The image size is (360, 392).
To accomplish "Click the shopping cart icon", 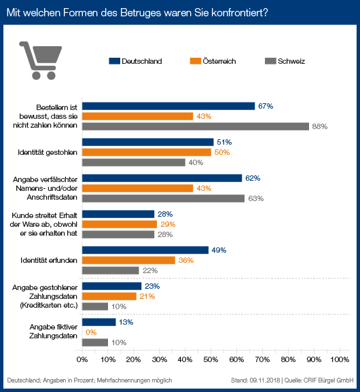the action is click(x=40, y=60).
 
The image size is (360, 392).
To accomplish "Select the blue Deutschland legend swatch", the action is click(x=115, y=61).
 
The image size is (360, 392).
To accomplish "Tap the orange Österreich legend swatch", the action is click(x=196, y=61).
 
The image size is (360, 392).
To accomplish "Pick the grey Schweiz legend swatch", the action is click(x=270, y=61).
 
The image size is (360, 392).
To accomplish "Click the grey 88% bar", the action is click(x=196, y=126).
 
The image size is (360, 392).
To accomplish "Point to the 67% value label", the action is click(x=266, y=106).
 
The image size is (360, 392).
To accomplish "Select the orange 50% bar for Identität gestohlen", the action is click(x=147, y=152).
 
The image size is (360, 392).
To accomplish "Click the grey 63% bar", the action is click(x=163, y=198).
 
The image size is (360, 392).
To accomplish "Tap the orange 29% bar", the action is click(x=120, y=224).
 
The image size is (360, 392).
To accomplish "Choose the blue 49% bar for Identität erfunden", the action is click(x=145, y=250).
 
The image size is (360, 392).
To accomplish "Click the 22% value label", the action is click(x=150, y=270).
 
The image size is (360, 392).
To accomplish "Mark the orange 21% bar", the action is click(x=109, y=296).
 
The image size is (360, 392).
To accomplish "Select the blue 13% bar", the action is click(x=99, y=322).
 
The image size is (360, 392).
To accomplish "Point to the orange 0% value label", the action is click(x=91, y=332).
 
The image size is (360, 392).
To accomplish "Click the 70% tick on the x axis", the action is click(x=262, y=352).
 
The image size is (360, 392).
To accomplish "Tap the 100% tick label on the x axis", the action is click(x=340, y=359).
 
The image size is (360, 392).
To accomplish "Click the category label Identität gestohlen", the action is click(x=48, y=152).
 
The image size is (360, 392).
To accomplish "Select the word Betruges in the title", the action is click(x=141, y=12).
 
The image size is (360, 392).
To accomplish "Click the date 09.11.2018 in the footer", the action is click(x=264, y=380).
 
